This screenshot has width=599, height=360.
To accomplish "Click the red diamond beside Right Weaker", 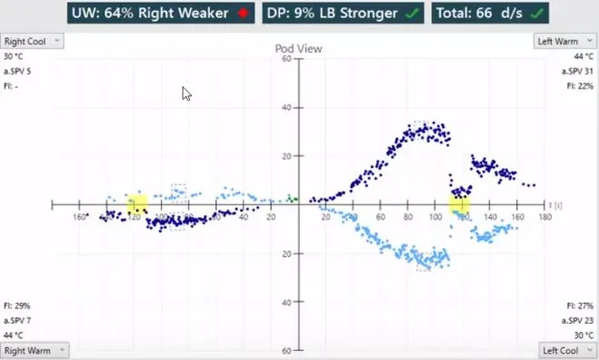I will (x=242, y=14).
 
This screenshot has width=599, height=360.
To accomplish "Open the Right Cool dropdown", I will (x=32, y=41).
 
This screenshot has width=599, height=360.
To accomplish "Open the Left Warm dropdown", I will (x=565, y=41).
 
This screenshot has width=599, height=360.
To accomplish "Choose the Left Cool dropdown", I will (x=566, y=350).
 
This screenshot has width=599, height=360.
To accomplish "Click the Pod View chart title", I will (x=299, y=47).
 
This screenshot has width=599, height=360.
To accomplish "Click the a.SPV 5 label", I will (x=17, y=71).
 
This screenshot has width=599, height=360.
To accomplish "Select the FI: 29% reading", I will (x=16, y=306).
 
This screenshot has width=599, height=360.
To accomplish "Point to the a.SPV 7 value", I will (x=17, y=321).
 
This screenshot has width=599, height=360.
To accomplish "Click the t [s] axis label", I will (x=556, y=206).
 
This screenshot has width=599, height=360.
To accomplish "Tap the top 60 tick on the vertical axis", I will (x=285, y=59).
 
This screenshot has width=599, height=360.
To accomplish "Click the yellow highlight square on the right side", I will (x=461, y=205).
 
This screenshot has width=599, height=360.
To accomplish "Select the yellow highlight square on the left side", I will (x=137, y=205).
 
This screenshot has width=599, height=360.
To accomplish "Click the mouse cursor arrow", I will (x=186, y=93).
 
